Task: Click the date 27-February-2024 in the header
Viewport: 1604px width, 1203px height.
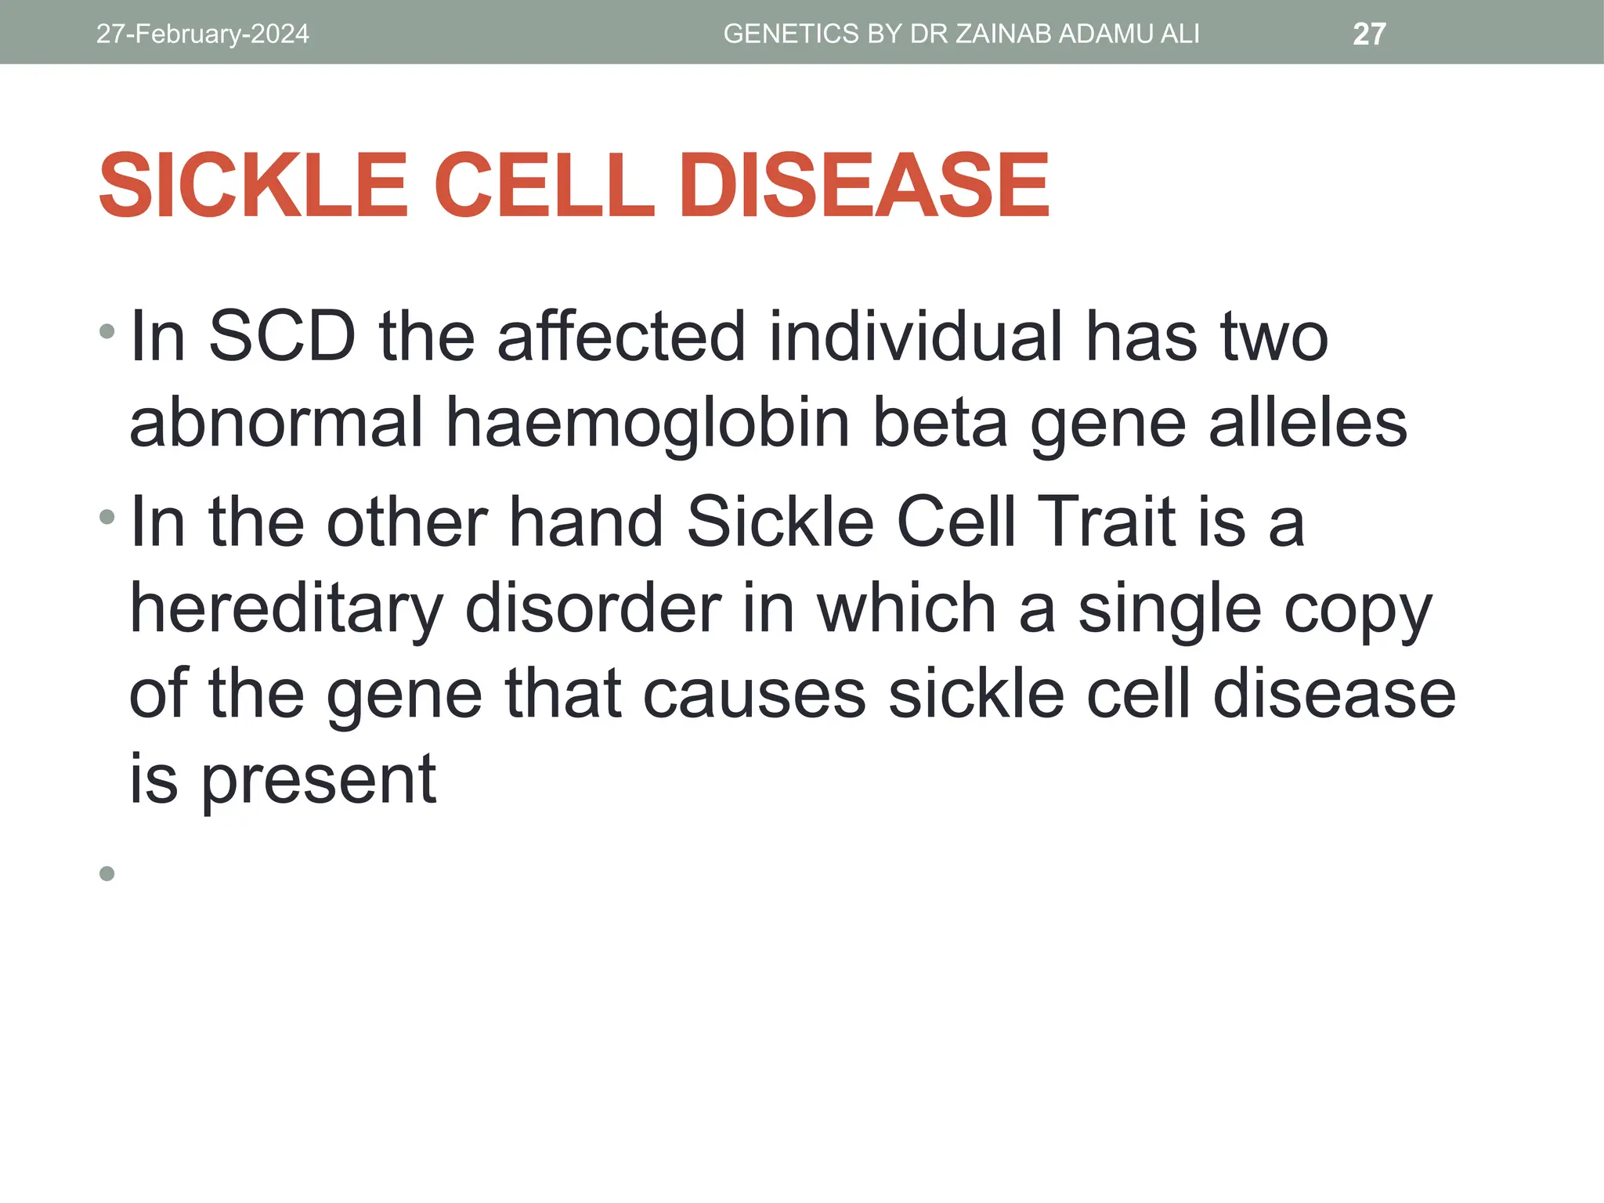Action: tap(202, 34)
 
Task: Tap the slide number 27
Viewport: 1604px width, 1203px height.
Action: tap(1369, 34)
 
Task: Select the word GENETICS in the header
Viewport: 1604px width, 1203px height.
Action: tap(791, 34)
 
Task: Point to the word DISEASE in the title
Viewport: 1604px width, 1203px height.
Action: tap(864, 186)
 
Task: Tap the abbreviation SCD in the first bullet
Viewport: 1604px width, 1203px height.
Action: tap(282, 337)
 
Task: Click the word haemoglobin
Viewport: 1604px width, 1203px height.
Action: tap(648, 423)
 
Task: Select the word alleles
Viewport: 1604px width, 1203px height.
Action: tap(1308, 423)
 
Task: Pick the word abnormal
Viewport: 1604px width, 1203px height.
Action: tap(276, 423)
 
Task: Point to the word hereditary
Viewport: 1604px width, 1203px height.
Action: tap(286, 609)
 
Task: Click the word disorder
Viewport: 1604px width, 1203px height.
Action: tap(593, 609)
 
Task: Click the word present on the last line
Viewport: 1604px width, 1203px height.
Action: tap(319, 780)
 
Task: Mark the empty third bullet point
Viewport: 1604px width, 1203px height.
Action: tap(107, 873)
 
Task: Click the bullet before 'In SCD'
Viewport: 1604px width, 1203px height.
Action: tap(107, 332)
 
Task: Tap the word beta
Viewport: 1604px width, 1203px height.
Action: tap(940, 423)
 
